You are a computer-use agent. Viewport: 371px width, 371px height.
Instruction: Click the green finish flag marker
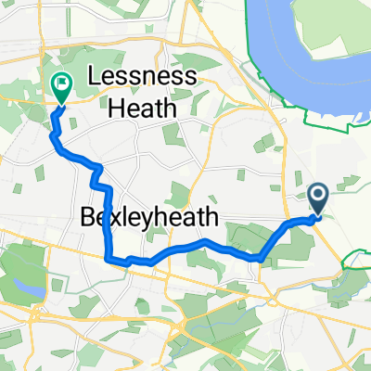61,89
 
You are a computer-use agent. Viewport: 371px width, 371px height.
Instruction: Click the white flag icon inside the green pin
61,85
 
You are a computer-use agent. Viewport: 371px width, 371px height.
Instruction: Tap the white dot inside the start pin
317,194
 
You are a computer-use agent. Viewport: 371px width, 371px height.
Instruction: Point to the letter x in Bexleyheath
114,220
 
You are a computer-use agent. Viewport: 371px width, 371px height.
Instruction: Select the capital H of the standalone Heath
118,108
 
